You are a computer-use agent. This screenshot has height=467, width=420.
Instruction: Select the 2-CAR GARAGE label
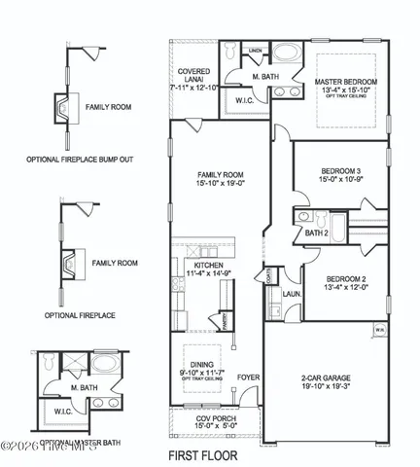click(325, 377)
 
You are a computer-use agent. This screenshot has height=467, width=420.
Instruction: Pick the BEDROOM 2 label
click(347, 277)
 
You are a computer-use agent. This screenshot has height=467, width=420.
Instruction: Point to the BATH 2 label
click(316, 233)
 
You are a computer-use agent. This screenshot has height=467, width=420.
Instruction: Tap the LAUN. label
click(289, 291)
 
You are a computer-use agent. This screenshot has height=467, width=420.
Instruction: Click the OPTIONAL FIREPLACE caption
click(81, 315)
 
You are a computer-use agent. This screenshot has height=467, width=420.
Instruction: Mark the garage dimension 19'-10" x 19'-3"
click(325, 386)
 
